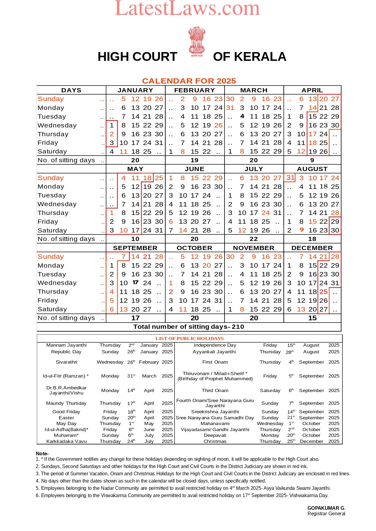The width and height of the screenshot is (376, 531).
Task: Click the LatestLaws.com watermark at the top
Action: point(187,8)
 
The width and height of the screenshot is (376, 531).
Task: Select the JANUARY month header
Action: point(135,90)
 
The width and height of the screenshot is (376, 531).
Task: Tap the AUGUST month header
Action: point(312,169)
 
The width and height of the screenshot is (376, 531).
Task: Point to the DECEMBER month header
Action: point(312,248)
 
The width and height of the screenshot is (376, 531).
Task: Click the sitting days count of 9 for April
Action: point(312,160)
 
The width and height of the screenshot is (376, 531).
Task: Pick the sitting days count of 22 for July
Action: point(254,239)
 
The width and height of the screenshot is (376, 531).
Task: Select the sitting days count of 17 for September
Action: point(135,318)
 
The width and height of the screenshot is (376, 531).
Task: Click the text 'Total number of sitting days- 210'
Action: point(189,327)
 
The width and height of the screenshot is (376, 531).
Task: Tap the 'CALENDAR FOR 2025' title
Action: point(189,81)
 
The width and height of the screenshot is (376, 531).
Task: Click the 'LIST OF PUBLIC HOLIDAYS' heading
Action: point(189,338)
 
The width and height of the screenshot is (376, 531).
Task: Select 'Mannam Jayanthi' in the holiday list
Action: point(66,345)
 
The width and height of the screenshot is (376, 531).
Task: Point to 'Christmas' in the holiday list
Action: point(215,441)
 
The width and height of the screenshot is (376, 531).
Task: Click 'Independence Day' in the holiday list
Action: point(215,345)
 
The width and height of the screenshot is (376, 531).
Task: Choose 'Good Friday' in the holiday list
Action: point(66,412)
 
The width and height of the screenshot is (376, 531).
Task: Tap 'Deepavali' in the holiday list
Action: point(215,435)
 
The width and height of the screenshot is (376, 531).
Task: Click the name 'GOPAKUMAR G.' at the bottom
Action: point(326,508)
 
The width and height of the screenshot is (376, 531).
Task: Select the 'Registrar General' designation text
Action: point(326,514)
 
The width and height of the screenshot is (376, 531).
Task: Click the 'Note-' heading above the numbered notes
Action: point(42,453)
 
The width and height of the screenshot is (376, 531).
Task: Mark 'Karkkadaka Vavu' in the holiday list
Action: point(66,441)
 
